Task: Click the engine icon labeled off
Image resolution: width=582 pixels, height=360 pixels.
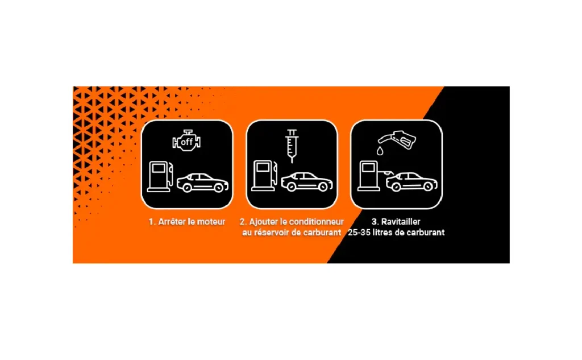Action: [186, 140]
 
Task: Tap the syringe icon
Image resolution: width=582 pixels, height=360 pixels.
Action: [292, 146]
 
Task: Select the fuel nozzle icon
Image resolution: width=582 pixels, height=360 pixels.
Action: [397, 140]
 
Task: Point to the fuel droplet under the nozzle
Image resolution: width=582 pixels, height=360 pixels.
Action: [380, 151]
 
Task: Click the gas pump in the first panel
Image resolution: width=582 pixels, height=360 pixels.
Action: [160, 176]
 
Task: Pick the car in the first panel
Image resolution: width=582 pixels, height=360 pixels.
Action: [202, 183]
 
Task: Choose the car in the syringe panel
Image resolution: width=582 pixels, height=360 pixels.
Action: [307, 181]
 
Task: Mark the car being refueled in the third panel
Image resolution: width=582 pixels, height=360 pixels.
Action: [411, 181]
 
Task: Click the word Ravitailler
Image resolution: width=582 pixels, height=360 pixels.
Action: [401, 222]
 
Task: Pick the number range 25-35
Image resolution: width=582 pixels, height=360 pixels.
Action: [360, 233]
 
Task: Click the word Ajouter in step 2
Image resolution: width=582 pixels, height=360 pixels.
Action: [263, 222]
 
